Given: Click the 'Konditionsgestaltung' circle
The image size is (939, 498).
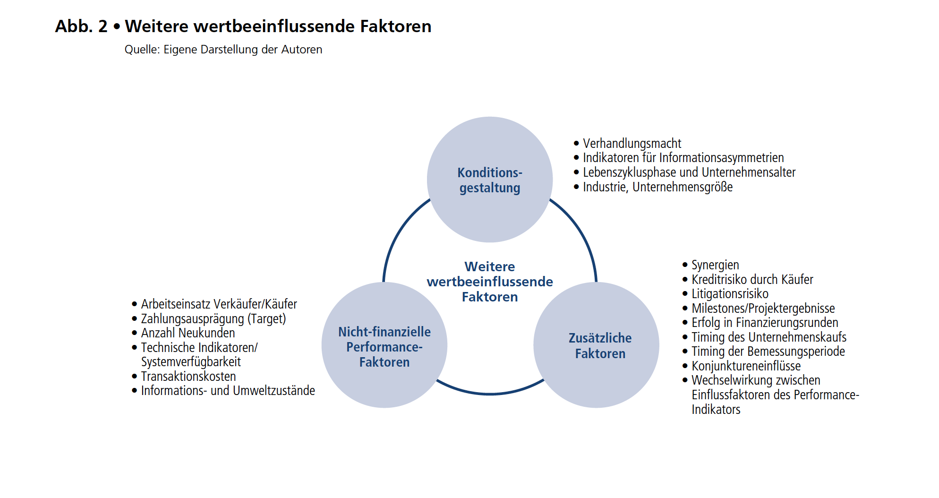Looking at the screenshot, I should [490, 180].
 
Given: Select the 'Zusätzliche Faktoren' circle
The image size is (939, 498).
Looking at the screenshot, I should [597, 345].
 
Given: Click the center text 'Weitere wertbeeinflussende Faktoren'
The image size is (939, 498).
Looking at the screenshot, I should [490, 282].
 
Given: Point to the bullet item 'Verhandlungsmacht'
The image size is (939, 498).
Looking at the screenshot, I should [632, 143].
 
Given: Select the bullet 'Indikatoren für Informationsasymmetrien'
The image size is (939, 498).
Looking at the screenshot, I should [683, 158].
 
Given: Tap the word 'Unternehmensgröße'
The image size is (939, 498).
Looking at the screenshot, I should [683, 187].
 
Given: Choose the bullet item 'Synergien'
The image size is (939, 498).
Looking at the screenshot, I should [715, 265].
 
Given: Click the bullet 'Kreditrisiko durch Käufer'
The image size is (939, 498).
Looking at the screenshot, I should [752, 280].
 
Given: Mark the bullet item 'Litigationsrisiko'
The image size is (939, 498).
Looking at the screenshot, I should [730, 294].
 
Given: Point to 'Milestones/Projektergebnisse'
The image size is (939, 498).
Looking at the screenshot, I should [763, 309].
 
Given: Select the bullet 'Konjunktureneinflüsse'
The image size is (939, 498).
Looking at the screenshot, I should [746, 366].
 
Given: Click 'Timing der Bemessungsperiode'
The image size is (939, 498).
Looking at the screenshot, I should [768, 352].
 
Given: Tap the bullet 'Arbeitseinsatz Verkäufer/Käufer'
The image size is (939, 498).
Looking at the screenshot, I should [219, 304].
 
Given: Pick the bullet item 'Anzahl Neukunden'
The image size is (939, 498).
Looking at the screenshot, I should [188, 333].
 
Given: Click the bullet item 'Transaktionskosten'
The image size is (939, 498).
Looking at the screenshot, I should [188, 377].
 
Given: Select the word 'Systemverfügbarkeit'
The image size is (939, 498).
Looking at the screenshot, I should [191, 362].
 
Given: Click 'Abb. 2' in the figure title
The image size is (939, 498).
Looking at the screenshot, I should [81, 26].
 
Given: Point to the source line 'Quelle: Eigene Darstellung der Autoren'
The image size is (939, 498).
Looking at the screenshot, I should [223, 50].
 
